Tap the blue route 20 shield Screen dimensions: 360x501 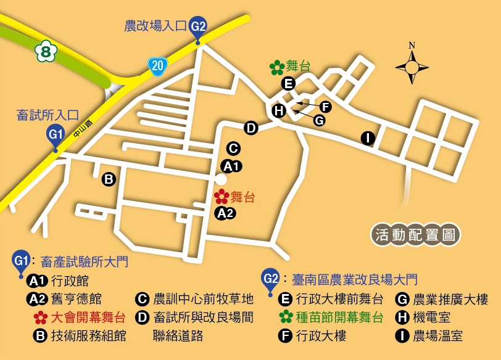pos(157,65)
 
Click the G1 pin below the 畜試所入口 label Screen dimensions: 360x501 pos(56,135)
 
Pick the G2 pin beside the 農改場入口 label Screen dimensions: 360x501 pos(198,28)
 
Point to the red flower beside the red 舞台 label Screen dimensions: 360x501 pos(221,197)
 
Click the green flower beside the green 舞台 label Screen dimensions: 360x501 pos(277,67)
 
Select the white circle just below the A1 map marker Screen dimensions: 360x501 pos(220,179)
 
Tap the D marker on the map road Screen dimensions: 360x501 pos(251,128)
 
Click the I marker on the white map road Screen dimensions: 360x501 pos(368,138)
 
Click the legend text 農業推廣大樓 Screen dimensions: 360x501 pos(450,300)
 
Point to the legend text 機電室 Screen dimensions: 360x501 pos(432,318)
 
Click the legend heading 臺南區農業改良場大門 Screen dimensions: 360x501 pos(354,280)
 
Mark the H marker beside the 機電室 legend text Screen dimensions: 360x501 pos(402,318)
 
